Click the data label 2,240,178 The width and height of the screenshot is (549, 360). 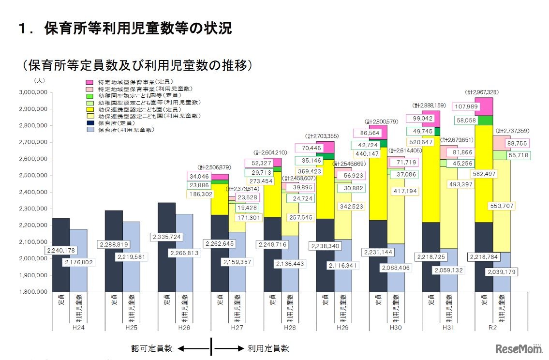coord(61,250)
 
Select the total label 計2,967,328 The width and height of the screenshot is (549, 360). coord(482,92)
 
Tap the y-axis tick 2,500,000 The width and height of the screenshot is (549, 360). coord(32,175)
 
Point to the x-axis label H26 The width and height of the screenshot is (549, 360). coord(184,328)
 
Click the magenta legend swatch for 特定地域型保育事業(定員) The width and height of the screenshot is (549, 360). coord(89,82)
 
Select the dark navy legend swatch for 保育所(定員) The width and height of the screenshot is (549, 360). coord(89,123)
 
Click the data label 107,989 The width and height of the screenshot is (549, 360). coord(469,106)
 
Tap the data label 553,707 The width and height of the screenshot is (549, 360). coord(499,206)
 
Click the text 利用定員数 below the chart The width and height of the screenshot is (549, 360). coord(268,348)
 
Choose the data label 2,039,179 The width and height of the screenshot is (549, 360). coord(501,271)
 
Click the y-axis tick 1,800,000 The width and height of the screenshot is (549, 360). coord(32,292)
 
